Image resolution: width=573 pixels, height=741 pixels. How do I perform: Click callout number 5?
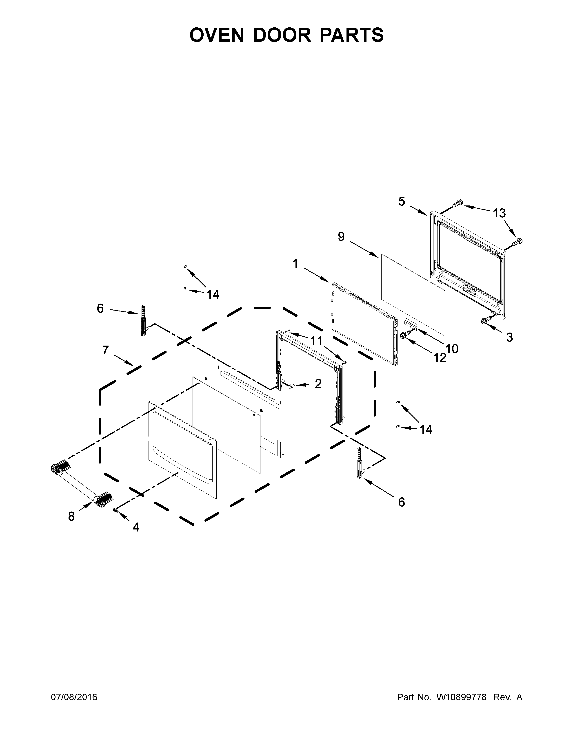402,202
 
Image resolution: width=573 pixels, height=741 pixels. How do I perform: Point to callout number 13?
499,213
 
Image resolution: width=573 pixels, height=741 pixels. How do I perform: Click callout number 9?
341,236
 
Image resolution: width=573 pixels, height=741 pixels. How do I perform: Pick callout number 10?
452,348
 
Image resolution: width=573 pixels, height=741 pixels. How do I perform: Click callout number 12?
440,358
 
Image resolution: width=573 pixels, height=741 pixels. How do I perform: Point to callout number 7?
106,350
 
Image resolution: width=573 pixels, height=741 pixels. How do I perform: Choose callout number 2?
318,384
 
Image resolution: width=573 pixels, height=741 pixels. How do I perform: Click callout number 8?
71,516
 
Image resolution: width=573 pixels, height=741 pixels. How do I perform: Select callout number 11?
316,341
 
